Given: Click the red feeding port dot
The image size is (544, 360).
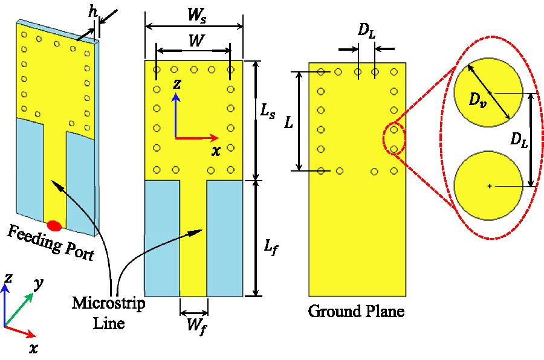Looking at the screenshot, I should coord(54,226).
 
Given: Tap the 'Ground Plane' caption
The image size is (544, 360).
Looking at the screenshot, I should coord(356,312).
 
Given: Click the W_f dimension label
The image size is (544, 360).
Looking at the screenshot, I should coord(194,326).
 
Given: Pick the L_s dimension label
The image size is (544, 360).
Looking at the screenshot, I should coord(266,112).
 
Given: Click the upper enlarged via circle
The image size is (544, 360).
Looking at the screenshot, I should coord(489,92).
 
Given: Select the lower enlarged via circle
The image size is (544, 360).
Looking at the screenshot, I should coord(489,186).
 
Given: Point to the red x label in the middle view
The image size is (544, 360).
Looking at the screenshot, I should coord(216,151).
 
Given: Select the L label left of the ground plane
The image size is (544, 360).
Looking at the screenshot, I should coord(290,123).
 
